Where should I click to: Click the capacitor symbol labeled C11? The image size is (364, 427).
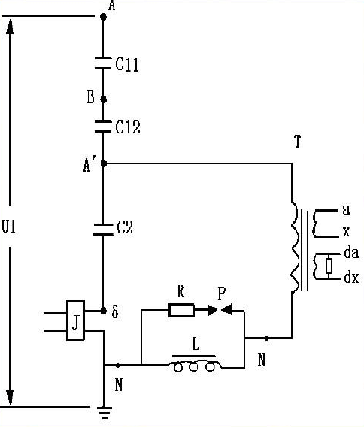click(103, 63)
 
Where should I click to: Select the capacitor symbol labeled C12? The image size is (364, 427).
click(103, 127)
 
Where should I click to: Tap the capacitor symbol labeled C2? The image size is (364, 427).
click(103, 229)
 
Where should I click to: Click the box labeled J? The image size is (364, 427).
click(76, 320)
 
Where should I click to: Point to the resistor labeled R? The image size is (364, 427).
click(181, 310)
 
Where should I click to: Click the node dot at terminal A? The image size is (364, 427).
click(103, 17)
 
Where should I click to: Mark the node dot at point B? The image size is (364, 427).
click(103, 99)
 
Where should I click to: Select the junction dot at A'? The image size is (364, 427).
click(103, 163)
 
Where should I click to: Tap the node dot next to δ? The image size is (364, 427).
click(103, 310)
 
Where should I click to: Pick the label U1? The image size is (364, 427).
click(9, 227)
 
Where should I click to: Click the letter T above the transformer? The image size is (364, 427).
click(298, 141)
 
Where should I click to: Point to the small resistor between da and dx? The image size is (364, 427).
click(329, 266)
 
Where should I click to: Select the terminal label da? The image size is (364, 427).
click(351, 252)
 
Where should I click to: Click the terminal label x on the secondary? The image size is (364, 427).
click(346, 232)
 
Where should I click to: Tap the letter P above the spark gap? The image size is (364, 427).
click(222, 294)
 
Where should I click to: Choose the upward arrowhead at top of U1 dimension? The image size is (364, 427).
click(10, 26)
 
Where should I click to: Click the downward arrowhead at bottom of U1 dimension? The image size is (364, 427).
click(10, 398)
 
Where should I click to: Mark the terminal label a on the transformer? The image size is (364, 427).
click(346, 210)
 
